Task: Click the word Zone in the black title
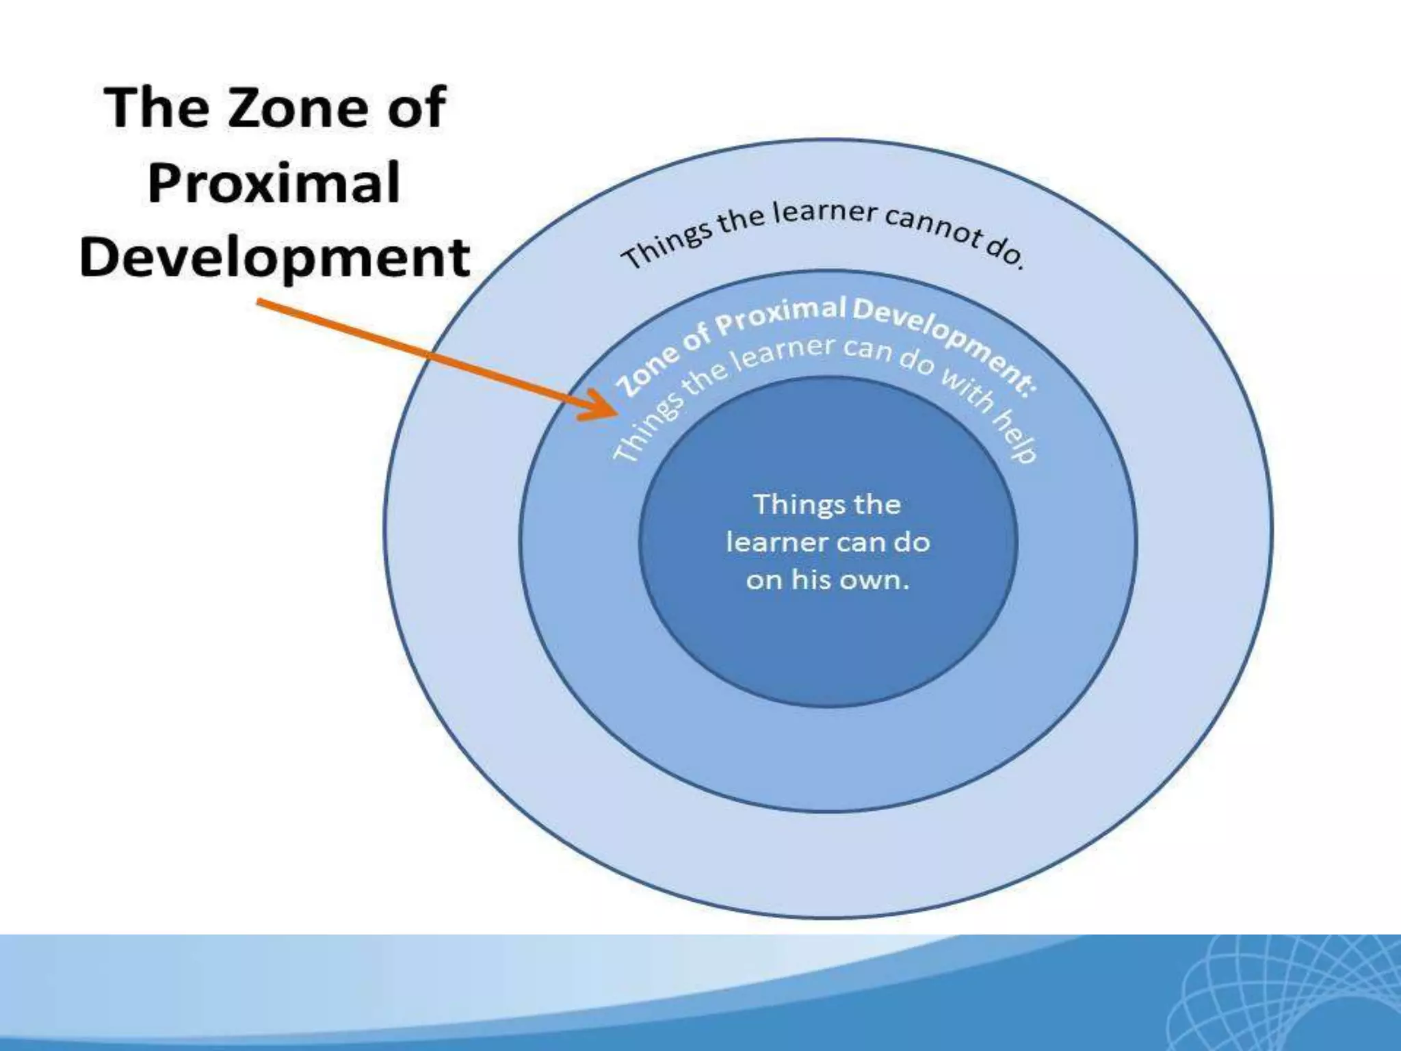click(299, 107)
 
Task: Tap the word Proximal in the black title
click(274, 183)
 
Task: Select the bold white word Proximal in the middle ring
click(780, 317)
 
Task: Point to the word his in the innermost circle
click(811, 580)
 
